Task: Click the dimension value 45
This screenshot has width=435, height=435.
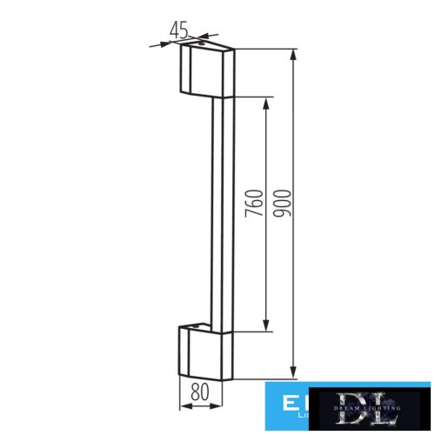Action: pyautogui.click(x=179, y=29)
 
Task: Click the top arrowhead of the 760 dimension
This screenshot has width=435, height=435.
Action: pyautogui.click(x=266, y=100)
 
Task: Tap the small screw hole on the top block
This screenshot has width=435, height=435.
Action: pyautogui.click(x=202, y=43)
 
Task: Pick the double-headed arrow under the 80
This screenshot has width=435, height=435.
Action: pyautogui.click(x=199, y=405)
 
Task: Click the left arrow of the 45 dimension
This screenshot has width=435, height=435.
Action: pyautogui.click(x=158, y=43)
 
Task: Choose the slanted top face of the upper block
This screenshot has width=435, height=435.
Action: pyautogui.click(x=209, y=47)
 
